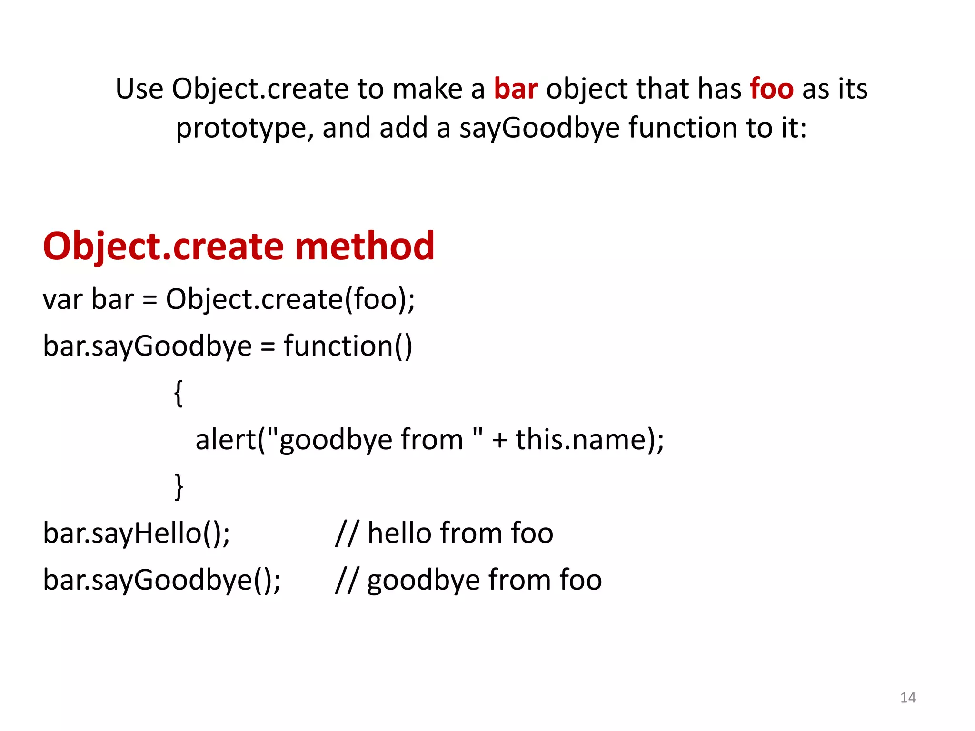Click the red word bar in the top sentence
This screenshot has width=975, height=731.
516,89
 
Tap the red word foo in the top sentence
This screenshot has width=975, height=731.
772,89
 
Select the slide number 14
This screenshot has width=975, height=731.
908,698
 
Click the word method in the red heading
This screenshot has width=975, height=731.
365,247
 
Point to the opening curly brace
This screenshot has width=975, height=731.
178,393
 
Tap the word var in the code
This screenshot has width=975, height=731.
62,300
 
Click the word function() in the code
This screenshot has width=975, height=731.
348,346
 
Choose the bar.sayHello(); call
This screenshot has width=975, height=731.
137,533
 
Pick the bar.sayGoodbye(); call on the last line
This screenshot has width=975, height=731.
162,580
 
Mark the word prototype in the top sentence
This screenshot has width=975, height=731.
245,128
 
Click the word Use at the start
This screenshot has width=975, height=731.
139,89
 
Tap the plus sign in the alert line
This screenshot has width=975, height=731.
499,440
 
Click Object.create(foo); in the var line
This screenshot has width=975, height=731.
290,300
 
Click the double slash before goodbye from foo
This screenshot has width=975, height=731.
346,580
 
